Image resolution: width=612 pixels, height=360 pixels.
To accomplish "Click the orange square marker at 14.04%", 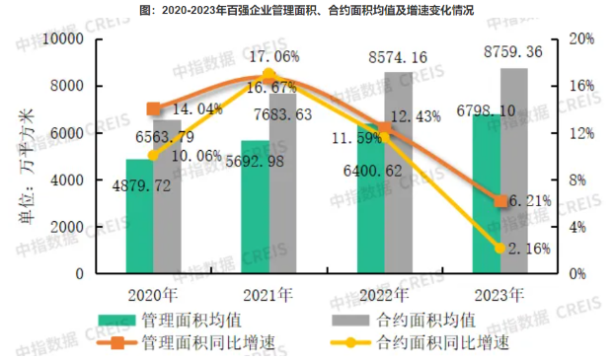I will (153, 108).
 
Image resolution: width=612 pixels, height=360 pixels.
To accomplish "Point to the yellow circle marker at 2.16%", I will (499, 248).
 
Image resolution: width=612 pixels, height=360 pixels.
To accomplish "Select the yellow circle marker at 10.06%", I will (153, 155).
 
